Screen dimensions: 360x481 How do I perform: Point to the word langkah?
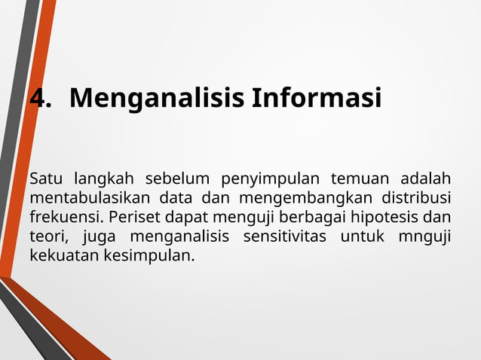tap(104, 179)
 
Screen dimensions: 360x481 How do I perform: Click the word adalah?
tap(425, 178)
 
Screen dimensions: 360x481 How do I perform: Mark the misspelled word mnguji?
tap(425, 238)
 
